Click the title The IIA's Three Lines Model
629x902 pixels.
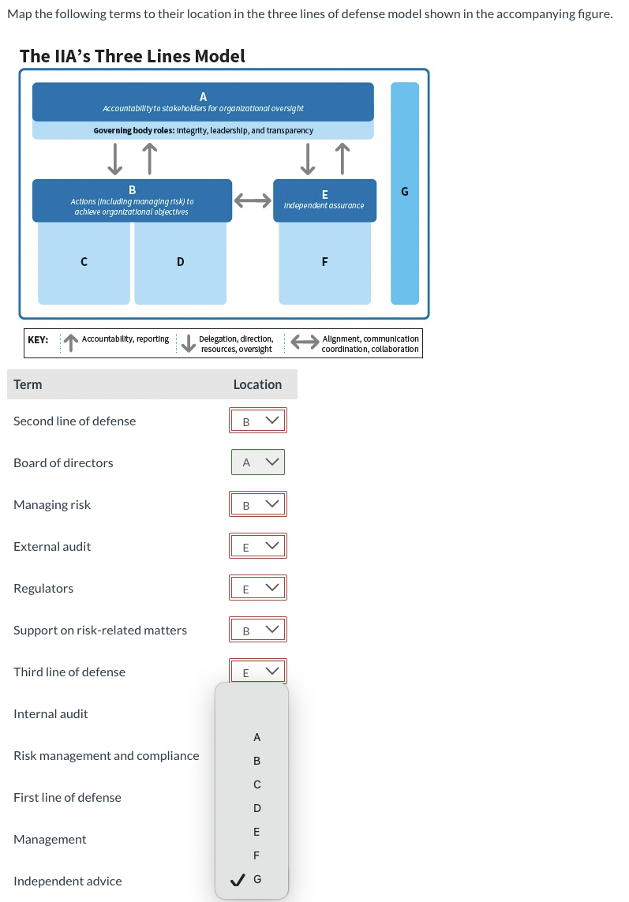tap(132, 56)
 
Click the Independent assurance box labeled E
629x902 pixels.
tap(324, 200)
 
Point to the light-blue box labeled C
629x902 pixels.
tap(84, 262)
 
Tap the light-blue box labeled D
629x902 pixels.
tap(180, 262)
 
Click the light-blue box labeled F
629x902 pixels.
tap(324, 262)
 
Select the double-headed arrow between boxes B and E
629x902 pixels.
tap(252, 201)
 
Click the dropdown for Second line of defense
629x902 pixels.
tap(258, 421)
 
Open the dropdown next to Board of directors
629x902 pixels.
tap(258, 462)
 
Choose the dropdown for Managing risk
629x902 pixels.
tap(258, 504)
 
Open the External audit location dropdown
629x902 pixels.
tap(258, 546)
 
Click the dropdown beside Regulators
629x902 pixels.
tap(258, 588)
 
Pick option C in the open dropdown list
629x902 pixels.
tap(256, 784)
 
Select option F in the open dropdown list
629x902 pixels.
tap(256, 855)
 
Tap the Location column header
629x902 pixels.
tap(257, 384)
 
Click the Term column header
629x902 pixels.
tap(28, 384)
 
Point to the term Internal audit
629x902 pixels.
tap(51, 713)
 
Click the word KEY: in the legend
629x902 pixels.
tap(38, 339)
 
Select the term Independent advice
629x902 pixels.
tap(68, 881)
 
